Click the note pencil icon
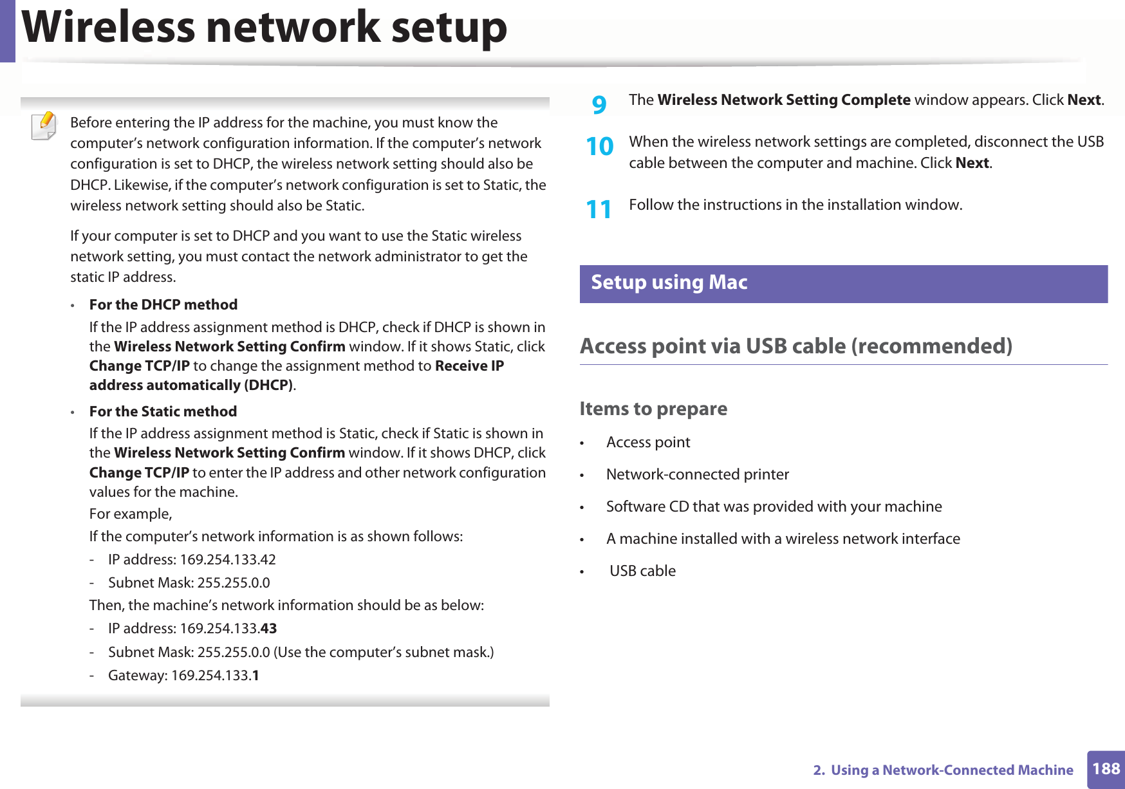point(44,125)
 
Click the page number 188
point(1106,769)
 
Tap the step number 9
point(599,104)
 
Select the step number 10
point(600,147)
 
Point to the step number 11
point(599,210)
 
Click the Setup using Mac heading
point(669,283)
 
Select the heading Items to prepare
point(653,409)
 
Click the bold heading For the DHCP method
point(163,305)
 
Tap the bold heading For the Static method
point(163,412)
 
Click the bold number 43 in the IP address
point(268,629)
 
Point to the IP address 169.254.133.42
point(228,560)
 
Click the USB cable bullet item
point(642,571)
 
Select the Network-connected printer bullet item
point(697,475)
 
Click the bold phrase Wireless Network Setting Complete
point(783,100)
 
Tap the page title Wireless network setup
point(265,28)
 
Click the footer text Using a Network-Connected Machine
point(951,770)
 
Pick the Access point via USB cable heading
point(795,346)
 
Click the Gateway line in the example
point(183,676)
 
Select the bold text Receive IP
point(469,366)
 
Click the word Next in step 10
point(972,163)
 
